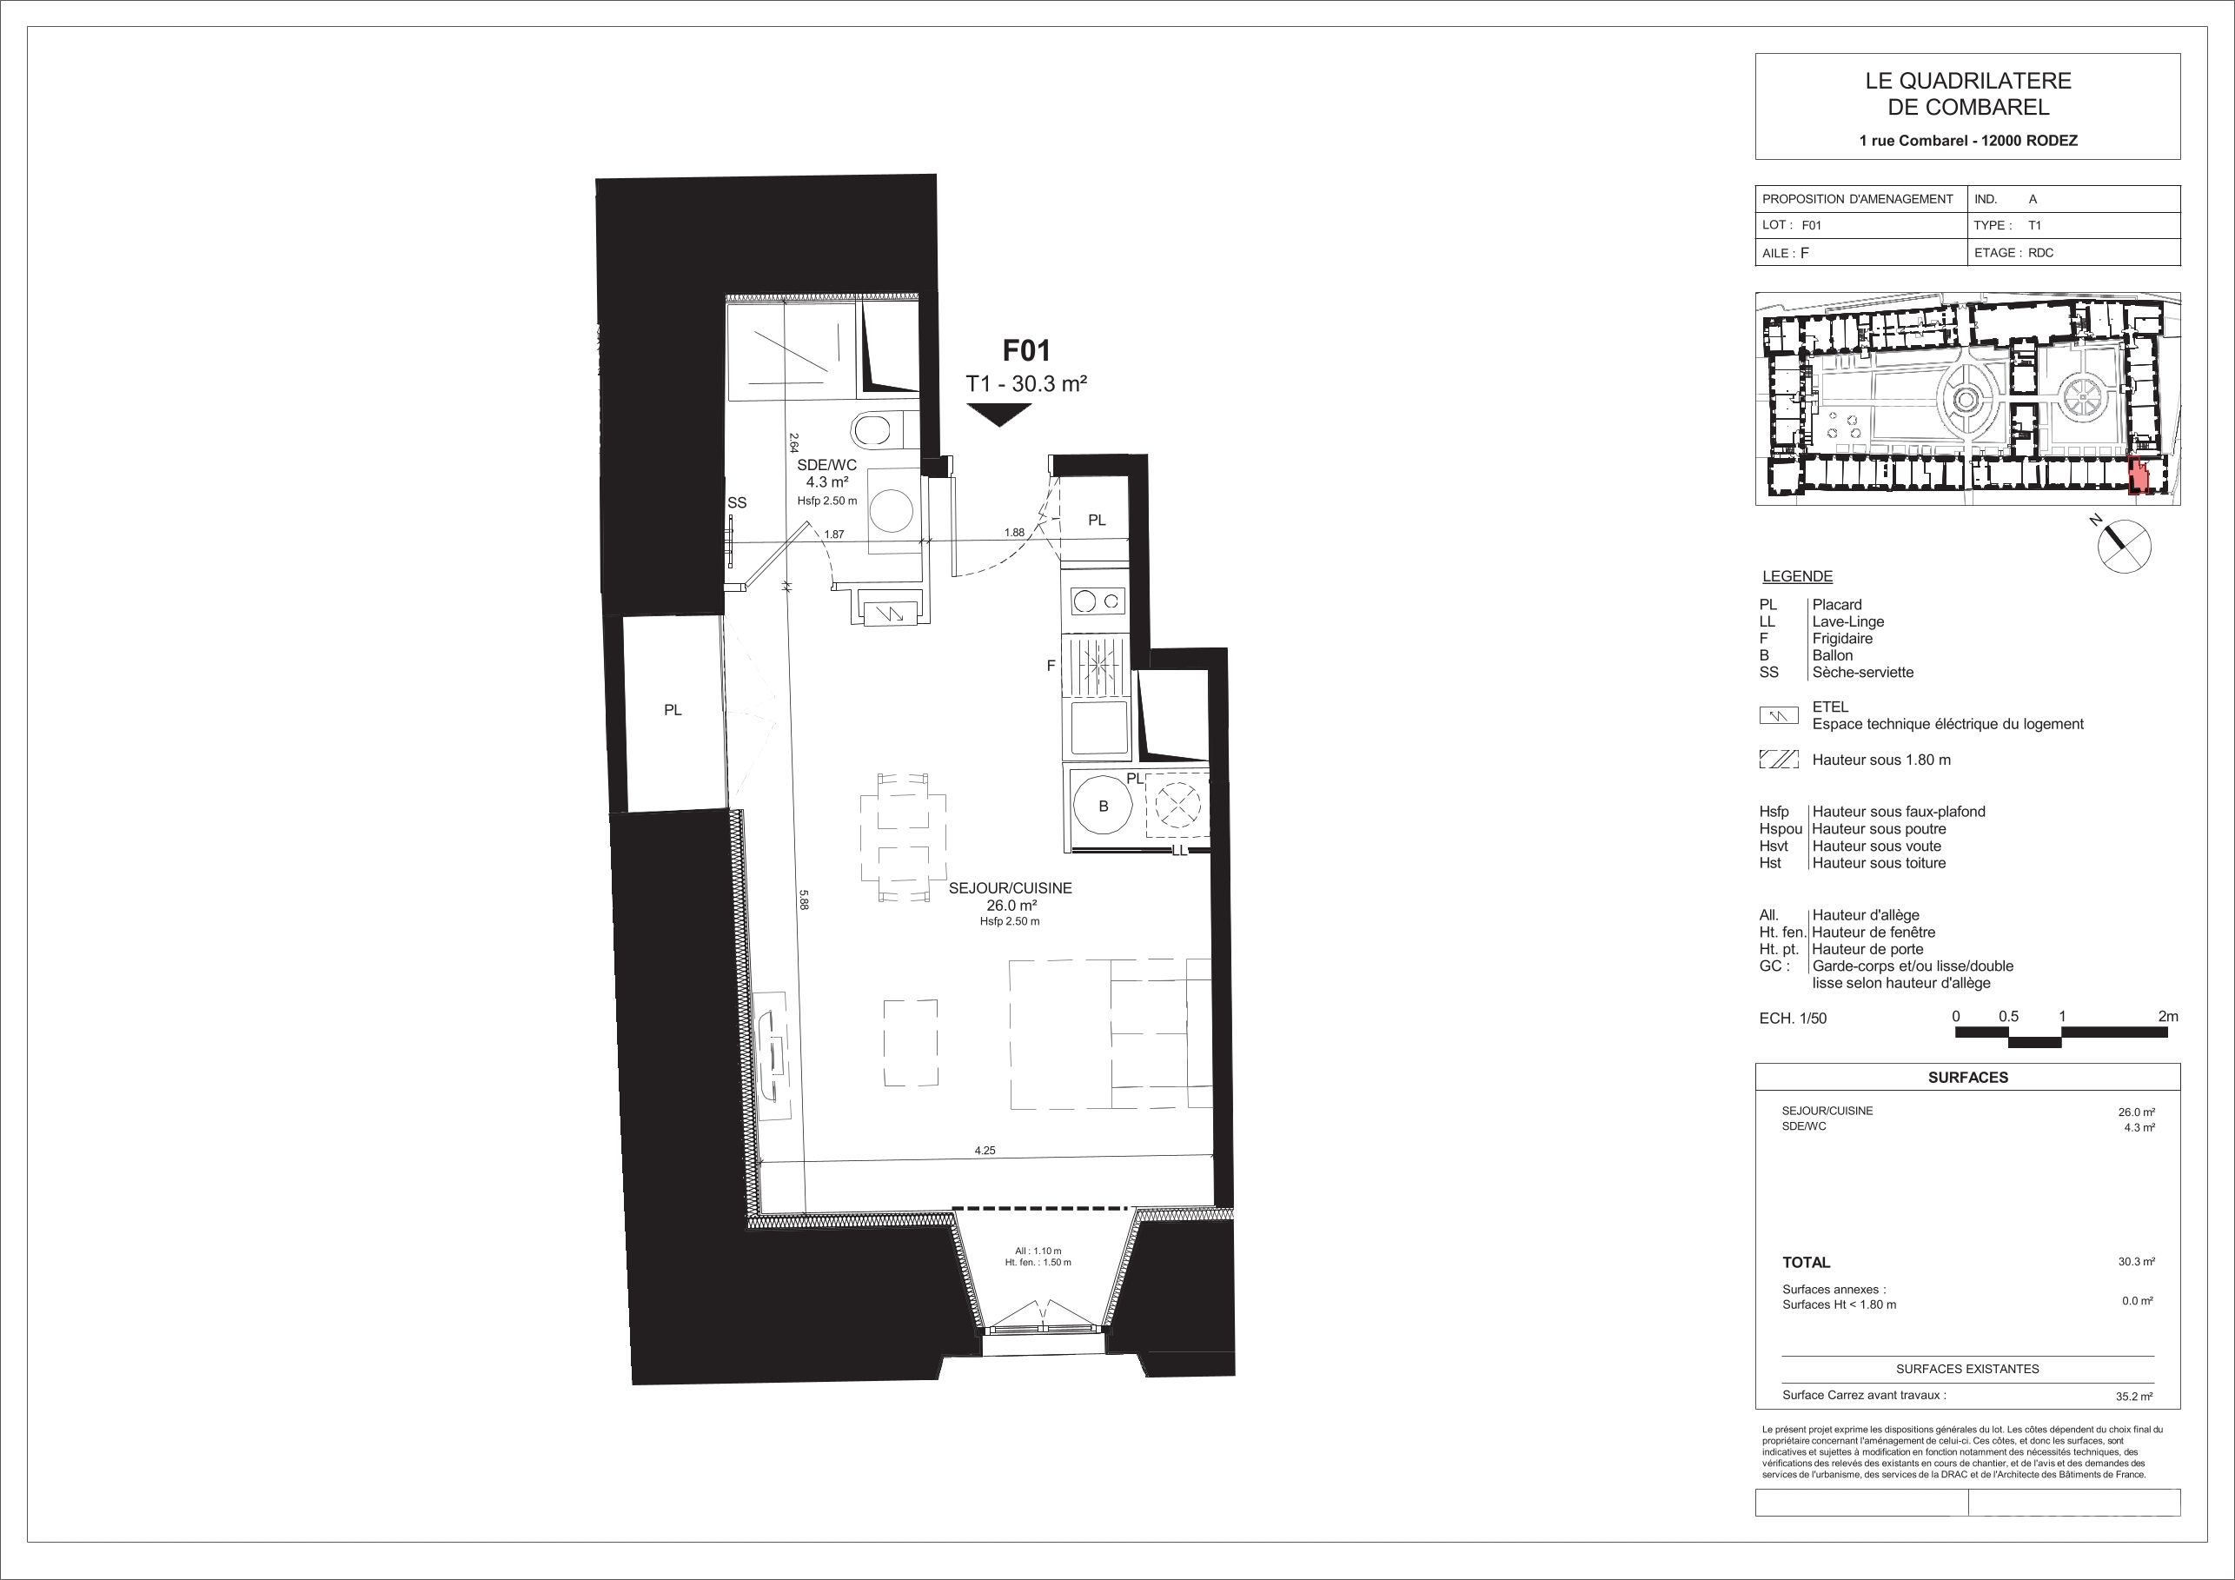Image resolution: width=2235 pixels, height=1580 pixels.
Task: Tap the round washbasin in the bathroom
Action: [x=892, y=508]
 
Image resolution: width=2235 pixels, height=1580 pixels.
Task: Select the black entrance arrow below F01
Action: [x=999, y=415]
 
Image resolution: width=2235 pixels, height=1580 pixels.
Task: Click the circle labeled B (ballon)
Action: [x=1103, y=806]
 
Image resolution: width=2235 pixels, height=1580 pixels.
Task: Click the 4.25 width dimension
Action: [x=985, y=1150]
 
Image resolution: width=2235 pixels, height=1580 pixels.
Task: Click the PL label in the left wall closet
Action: [x=673, y=711]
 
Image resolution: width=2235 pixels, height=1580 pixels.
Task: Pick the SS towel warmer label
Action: [x=737, y=502]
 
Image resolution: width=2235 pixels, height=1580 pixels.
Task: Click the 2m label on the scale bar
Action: [x=2168, y=1016]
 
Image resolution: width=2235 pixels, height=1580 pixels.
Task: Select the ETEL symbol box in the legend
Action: [x=1779, y=715]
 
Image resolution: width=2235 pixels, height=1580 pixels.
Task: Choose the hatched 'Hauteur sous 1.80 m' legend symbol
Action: [x=1779, y=760]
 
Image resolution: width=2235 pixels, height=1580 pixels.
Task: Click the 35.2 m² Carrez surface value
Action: [x=2133, y=1396]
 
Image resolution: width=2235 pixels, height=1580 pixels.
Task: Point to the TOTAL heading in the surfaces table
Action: [x=1806, y=1263]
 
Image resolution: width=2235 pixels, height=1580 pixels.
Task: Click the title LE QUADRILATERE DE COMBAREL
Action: [x=1968, y=95]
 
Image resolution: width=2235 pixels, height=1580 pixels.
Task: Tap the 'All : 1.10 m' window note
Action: [x=1038, y=1251]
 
